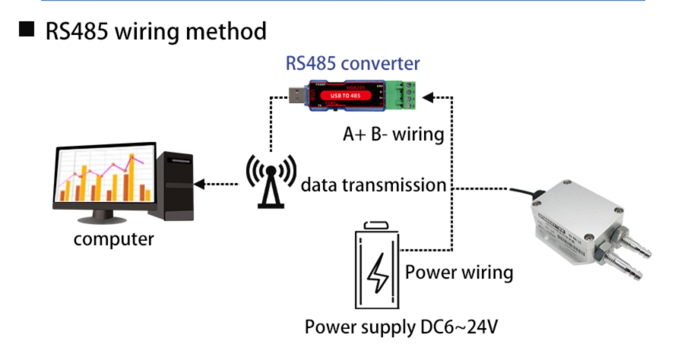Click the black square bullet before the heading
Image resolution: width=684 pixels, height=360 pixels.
tap(28, 31)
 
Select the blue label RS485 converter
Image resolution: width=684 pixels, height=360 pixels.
tap(353, 63)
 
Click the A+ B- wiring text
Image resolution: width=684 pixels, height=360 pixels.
tap(393, 134)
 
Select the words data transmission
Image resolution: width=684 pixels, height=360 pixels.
tap(373, 185)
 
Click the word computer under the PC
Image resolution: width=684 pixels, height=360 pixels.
tap(113, 239)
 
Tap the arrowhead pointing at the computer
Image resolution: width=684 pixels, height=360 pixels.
tap(200, 184)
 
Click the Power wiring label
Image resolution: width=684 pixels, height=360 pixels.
tap(459, 272)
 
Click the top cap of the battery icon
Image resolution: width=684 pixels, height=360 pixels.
tap(377, 225)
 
